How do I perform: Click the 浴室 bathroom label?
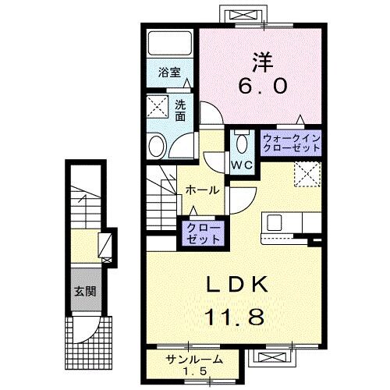point(170,73)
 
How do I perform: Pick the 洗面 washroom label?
point(180,111)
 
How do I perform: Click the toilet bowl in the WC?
point(240,142)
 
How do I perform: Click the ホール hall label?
point(201,190)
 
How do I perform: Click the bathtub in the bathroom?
point(168,44)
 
